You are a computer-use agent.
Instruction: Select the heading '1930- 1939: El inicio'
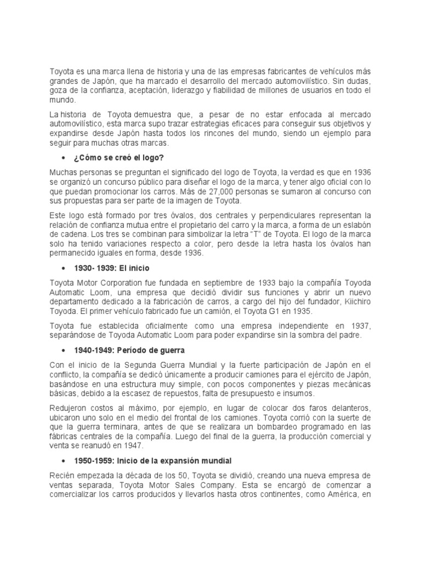[112, 268]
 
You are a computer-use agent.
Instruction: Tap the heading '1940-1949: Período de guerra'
[129, 349]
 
